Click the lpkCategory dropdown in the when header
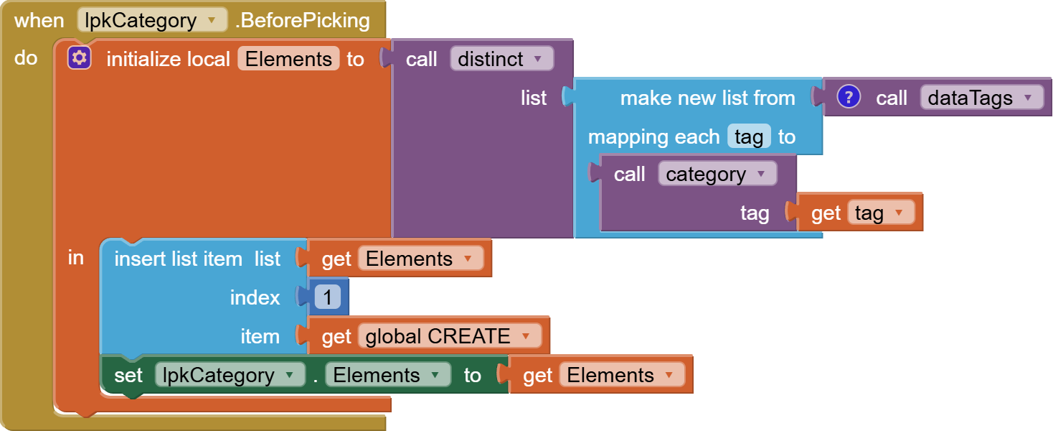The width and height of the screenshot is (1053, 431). tap(152, 20)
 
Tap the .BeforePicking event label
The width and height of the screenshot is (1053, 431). tap(303, 20)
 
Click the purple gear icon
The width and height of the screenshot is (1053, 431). tap(79, 58)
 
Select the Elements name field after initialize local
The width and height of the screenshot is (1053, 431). tap(288, 59)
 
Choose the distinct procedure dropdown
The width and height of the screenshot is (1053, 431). tap(501, 59)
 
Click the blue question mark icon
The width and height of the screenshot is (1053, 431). tap(849, 97)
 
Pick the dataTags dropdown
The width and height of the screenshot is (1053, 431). tap(981, 98)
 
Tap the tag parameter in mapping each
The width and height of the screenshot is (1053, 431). tap(749, 136)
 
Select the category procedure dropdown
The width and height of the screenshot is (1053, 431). tap(717, 175)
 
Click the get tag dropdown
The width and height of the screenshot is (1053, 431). tap(881, 213)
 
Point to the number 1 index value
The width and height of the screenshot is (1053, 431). tap(328, 297)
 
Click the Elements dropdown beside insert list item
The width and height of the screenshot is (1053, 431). tap(420, 259)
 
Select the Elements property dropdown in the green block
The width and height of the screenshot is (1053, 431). tap(387, 375)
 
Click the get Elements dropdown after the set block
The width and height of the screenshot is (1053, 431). tap(621, 375)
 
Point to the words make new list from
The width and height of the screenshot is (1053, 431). tap(707, 98)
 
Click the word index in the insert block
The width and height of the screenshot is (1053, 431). tap(255, 297)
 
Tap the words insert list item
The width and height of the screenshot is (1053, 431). tap(178, 259)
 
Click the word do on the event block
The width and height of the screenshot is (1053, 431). tap(26, 58)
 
